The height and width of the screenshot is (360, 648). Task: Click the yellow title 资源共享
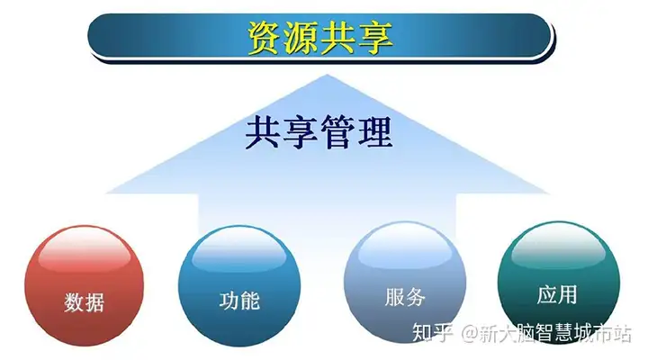click(x=319, y=37)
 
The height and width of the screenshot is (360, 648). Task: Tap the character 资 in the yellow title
click(x=264, y=37)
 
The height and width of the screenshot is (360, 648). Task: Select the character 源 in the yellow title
click(x=301, y=37)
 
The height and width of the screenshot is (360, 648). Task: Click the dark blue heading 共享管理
click(x=319, y=132)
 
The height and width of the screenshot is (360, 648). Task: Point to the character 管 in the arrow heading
click(x=337, y=132)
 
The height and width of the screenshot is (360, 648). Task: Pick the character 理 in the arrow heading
click(x=374, y=132)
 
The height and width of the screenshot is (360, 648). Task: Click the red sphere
click(x=84, y=285)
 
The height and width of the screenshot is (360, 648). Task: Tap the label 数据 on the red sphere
click(x=84, y=301)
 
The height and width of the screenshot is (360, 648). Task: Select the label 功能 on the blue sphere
click(x=239, y=301)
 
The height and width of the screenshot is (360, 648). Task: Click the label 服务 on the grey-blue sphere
click(x=405, y=297)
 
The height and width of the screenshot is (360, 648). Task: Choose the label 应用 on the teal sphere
click(x=557, y=294)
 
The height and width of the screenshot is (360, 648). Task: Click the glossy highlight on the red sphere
click(x=84, y=249)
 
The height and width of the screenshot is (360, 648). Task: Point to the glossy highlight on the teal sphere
click(x=558, y=245)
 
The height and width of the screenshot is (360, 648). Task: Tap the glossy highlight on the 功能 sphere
click(x=239, y=248)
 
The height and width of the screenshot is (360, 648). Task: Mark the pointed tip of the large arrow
click(x=327, y=75)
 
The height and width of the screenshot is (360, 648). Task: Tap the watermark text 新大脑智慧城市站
click(x=556, y=333)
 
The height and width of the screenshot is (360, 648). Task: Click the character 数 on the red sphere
click(x=74, y=301)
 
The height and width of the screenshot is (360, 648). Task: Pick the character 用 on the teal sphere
click(x=568, y=294)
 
